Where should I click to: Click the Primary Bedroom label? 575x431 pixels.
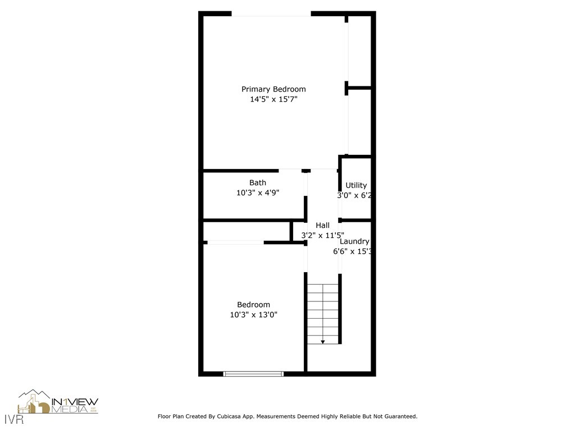point(273,89)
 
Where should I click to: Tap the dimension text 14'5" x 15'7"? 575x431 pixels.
point(273,99)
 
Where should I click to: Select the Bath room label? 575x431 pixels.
point(258,182)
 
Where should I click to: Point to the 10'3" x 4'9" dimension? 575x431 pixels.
point(258,192)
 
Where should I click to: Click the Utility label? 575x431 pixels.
point(356,185)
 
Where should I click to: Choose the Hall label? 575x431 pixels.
point(322,225)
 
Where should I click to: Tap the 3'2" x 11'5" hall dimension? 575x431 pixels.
point(322,236)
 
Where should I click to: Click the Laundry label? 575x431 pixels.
point(354,241)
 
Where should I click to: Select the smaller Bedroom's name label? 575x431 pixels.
point(253,305)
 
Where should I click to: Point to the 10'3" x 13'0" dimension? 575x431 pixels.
point(253,315)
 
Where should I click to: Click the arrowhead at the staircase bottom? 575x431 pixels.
point(323,341)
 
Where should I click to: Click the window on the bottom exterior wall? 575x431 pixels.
point(253,373)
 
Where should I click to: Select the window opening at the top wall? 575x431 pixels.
point(271,14)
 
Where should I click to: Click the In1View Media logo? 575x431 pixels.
point(58,402)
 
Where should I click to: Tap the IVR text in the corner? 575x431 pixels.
point(9,419)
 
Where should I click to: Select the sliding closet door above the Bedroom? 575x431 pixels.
point(235,242)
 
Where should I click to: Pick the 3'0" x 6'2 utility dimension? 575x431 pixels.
point(355,196)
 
